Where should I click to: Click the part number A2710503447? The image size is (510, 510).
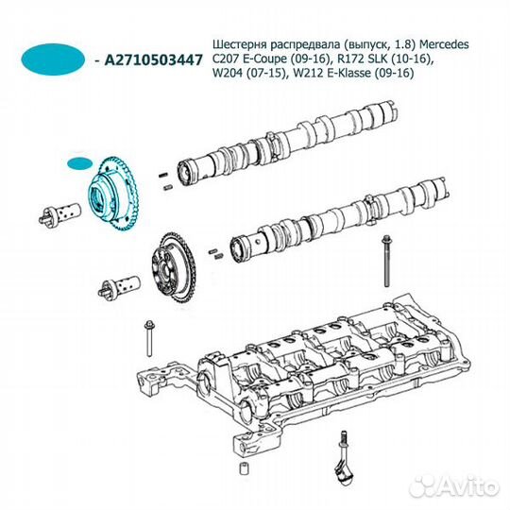(153, 59)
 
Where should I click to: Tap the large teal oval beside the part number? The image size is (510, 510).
(53, 59)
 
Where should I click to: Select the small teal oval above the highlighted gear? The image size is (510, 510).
(79, 163)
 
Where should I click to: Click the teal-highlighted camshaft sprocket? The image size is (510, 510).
(114, 195)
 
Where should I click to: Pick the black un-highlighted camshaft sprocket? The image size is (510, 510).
(173, 267)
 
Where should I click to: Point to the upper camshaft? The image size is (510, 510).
(288, 140)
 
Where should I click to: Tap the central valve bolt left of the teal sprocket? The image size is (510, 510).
(59, 215)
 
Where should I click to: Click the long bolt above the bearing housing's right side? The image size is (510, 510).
(386, 262)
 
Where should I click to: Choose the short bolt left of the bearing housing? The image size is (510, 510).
(149, 338)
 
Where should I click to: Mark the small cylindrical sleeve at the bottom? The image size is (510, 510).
(244, 468)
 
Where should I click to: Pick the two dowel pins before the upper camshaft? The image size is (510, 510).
(165, 181)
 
